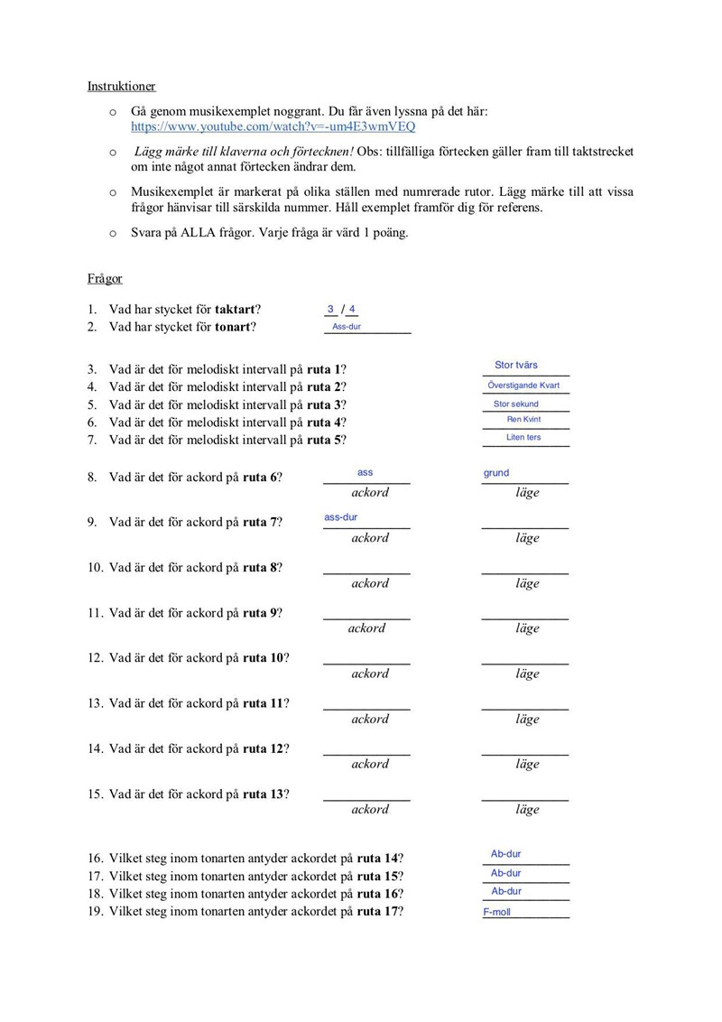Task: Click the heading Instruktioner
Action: (x=121, y=87)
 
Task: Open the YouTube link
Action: (x=273, y=127)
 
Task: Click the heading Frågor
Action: (x=105, y=279)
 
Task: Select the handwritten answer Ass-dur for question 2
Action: (x=347, y=327)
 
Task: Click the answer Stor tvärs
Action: (x=516, y=366)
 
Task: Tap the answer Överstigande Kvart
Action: (x=523, y=386)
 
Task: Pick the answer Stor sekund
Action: (x=516, y=404)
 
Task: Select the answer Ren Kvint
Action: (x=523, y=420)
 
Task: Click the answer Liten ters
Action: (x=523, y=438)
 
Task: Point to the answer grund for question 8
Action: (x=496, y=473)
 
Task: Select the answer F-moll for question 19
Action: (x=496, y=913)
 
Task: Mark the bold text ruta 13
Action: (x=264, y=794)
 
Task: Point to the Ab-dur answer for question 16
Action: (x=506, y=854)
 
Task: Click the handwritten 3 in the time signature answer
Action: (x=331, y=309)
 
